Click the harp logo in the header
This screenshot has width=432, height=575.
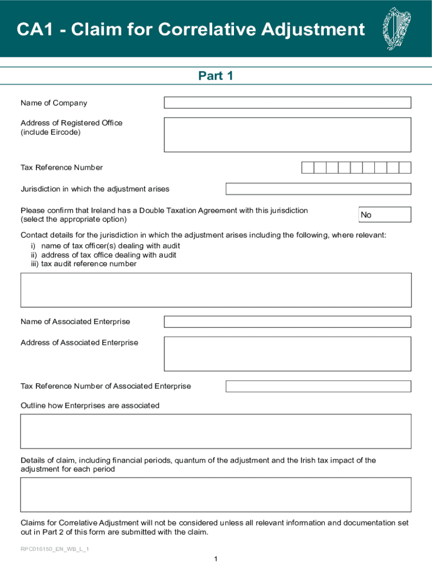pyautogui.click(x=397, y=29)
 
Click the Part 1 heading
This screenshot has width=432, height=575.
pyautogui.click(x=215, y=76)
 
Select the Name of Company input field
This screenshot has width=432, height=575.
pyautogui.click(x=287, y=103)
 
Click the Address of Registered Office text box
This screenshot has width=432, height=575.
pyautogui.click(x=287, y=135)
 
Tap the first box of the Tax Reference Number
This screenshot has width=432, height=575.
pyautogui.click(x=307, y=167)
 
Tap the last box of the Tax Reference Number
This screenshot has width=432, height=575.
pyautogui.click(x=405, y=167)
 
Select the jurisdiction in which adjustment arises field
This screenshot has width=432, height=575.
pyautogui.click(x=318, y=189)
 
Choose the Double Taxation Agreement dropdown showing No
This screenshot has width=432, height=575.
pyautogui.click(x=385, y=215)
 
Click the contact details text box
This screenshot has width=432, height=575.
pyautogui.click(x=215, y=290)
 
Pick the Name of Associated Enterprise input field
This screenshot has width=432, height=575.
pyautogui.click(x=287, y=322)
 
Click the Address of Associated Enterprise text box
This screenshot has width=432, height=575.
pyautogui.click(x=287, y=354)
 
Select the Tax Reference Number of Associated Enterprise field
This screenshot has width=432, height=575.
pyautogui.click(x=318, y=386)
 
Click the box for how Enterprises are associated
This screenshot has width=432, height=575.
pyautogui.click(x=215, y=431)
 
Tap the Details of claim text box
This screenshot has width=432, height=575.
pyautogui.click(x=215, y=495)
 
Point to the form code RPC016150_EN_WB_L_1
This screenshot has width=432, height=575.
pyautogui.click(x=55, y=549)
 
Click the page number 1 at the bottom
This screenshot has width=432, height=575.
pyautogui.click(x=215, y=559)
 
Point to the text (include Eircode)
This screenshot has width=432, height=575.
pyautogui.click(x=50, y=133)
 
